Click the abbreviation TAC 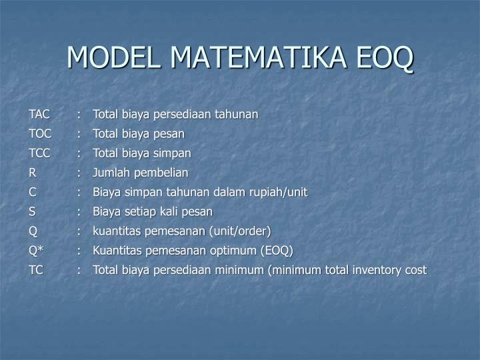(x=39, y=114)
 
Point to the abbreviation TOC (x=40, y=133)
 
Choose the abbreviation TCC (x=39, y=153)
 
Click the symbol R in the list (x=32, y=173)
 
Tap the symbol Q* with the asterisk (x=36, y=251)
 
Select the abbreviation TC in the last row (x=36, y=270)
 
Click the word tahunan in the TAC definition (x=237, y=114)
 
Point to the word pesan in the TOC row (x=169, y=133)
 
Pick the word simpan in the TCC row (x=172, y=153)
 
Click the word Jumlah (x=111, y=173)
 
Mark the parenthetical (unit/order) (x=238, y=231)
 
